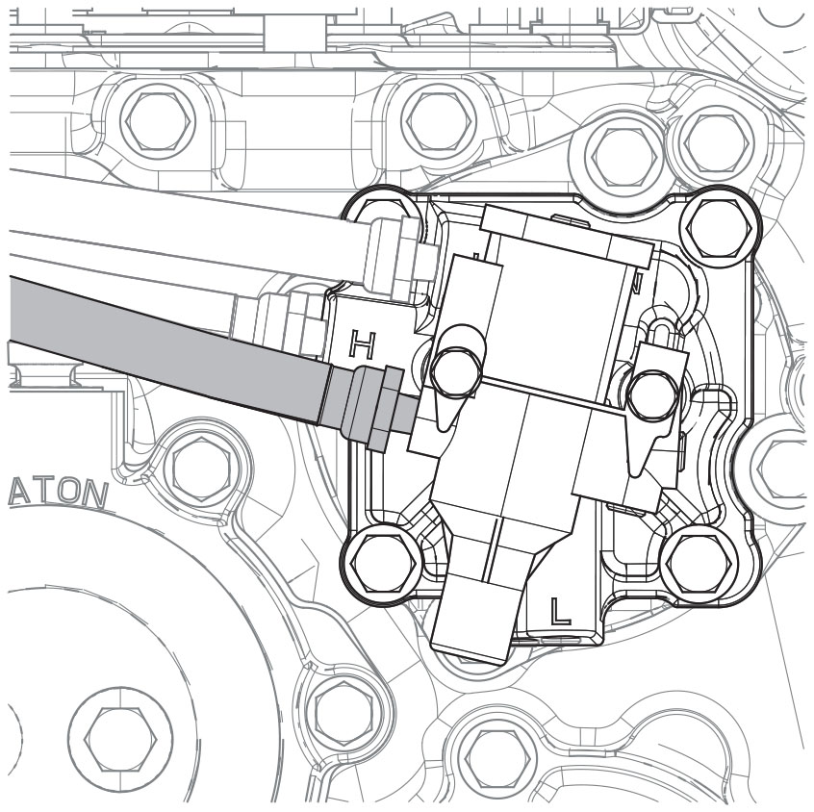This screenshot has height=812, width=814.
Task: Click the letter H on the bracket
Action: (363, 343)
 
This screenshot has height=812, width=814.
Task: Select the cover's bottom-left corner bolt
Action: (382, 562)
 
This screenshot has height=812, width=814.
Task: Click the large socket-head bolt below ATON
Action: (119, 739)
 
